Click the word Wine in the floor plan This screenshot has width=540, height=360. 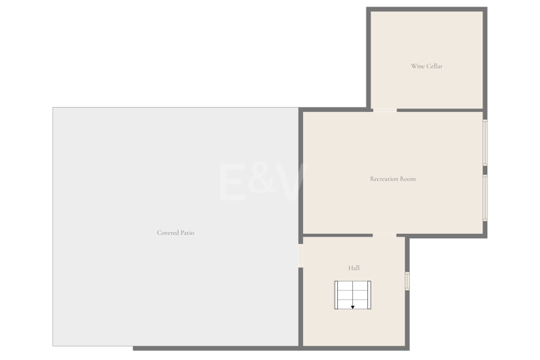pos(417,66)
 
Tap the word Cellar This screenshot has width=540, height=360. pos(434,66)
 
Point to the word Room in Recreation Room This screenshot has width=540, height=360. pos(408,179)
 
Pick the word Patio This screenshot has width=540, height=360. pos(187,233)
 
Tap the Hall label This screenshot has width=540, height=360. pos(354,268)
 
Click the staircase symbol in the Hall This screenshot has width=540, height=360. pos(353,295)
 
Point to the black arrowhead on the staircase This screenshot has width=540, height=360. pos(353,307)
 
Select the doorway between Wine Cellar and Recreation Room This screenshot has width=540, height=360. pos(385,110)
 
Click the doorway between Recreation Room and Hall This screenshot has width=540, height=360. pos(385,236)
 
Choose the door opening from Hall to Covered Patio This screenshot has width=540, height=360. pos(300,256)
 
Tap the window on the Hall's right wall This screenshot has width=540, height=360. pos(407,281)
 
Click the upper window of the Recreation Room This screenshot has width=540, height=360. pos(485,142)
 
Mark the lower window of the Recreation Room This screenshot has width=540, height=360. pos(485,198)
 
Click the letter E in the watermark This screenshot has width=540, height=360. pos(233,182)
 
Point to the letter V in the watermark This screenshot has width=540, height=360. pos(291,182)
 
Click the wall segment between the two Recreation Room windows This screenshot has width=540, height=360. pos(485,170)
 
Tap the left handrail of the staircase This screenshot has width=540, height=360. pos(336,295)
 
